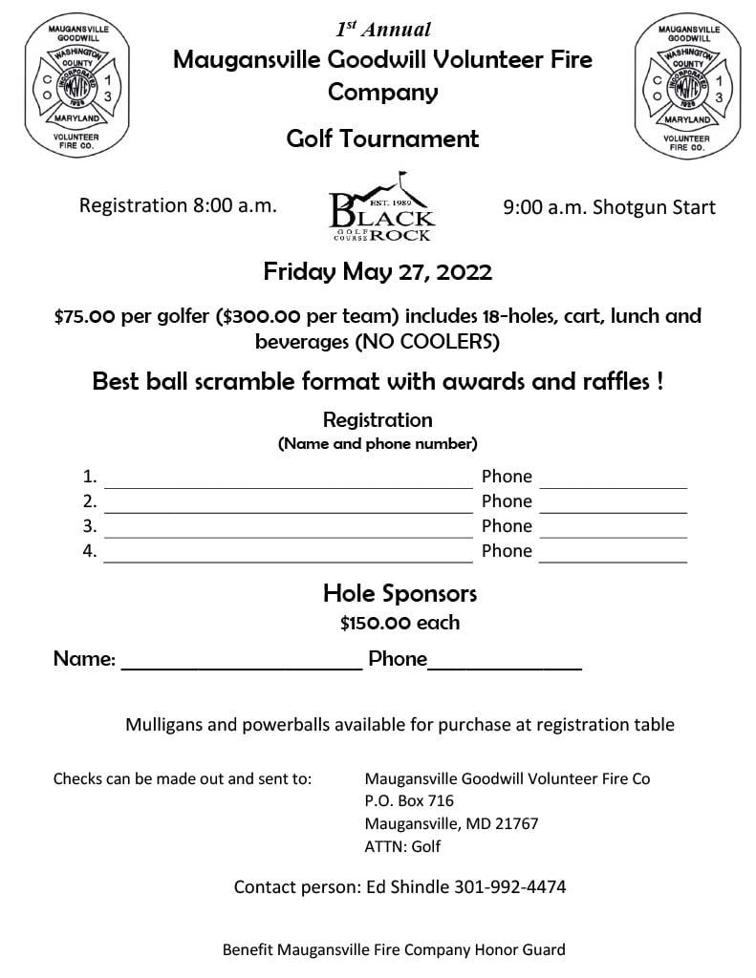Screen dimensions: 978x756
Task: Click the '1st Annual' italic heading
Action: [382, 29]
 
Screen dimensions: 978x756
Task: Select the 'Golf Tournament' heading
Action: [382, 138]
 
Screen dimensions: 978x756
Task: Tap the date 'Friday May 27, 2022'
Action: [378, 272]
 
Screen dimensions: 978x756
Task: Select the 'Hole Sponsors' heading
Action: [400, 593]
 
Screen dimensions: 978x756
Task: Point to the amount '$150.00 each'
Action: [400, 623]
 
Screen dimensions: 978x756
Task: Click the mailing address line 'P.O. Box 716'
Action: [409, 800]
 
